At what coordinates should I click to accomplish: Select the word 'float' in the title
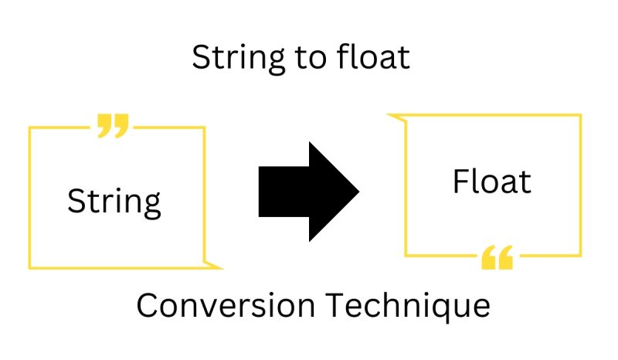click(375, 58)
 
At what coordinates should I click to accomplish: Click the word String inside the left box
click(114, 202)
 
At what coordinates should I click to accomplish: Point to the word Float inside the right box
click(492, 182)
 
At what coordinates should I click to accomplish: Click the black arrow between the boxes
click(305, 191)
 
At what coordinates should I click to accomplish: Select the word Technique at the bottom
click(408, 306)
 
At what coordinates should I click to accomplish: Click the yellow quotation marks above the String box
click(113, 125)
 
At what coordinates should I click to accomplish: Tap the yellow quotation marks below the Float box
click(497, 258)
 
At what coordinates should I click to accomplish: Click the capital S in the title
click(200, 58)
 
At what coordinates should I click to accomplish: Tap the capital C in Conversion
click(148, 306)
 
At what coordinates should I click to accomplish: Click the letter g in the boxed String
click(151, 205)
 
